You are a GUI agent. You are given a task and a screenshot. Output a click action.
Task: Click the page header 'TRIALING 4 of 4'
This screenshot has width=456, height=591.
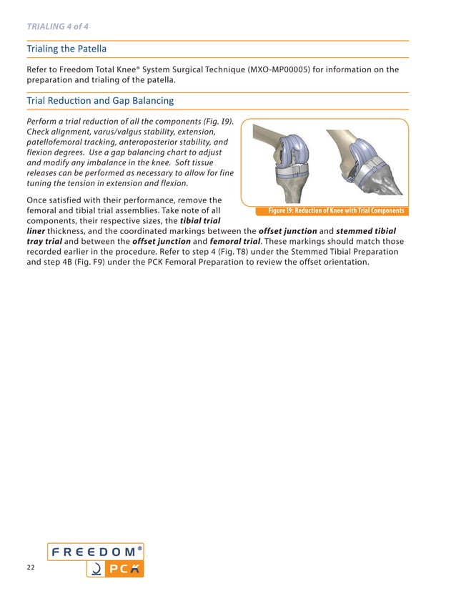57,26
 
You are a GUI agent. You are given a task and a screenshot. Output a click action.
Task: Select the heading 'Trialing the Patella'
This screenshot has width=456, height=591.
66,49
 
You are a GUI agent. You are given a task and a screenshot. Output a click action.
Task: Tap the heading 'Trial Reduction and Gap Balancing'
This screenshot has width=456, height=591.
101,101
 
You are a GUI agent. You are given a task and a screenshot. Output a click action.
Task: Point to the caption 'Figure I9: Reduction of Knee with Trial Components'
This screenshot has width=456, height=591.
336,210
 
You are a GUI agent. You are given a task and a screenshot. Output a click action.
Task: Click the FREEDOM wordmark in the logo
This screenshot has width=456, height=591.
92,552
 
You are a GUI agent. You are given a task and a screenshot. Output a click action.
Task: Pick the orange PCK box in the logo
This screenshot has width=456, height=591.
115,570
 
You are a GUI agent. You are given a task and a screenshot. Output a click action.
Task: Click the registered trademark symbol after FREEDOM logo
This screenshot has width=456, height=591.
139,547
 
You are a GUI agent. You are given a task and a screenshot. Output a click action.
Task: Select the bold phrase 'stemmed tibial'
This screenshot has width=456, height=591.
365,231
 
